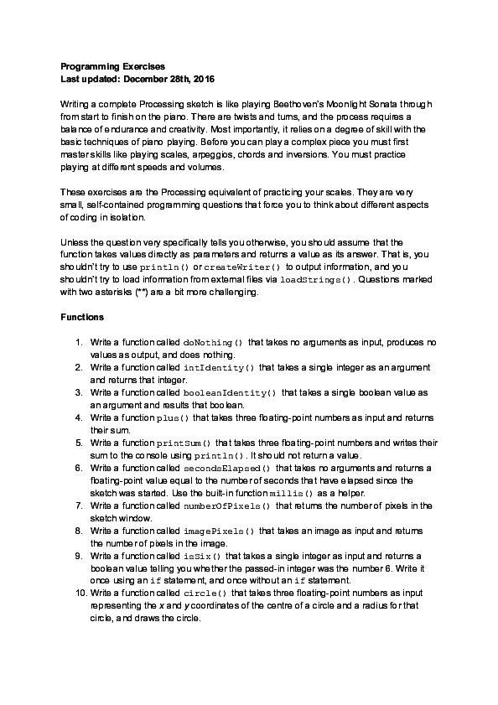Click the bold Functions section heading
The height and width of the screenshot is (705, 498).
pos(83,318)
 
